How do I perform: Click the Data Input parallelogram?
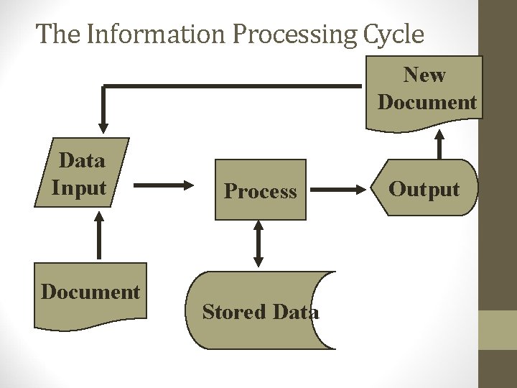(x=81, y=173)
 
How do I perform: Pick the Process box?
(x=260, y=190)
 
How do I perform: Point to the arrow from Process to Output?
(x=337, y=190)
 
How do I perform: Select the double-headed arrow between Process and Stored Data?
(x=258, y=244)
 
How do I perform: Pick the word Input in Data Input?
(x=79, y=188)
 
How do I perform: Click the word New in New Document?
(x=425, y=75)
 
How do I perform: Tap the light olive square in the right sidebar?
(x=498, y=330)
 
